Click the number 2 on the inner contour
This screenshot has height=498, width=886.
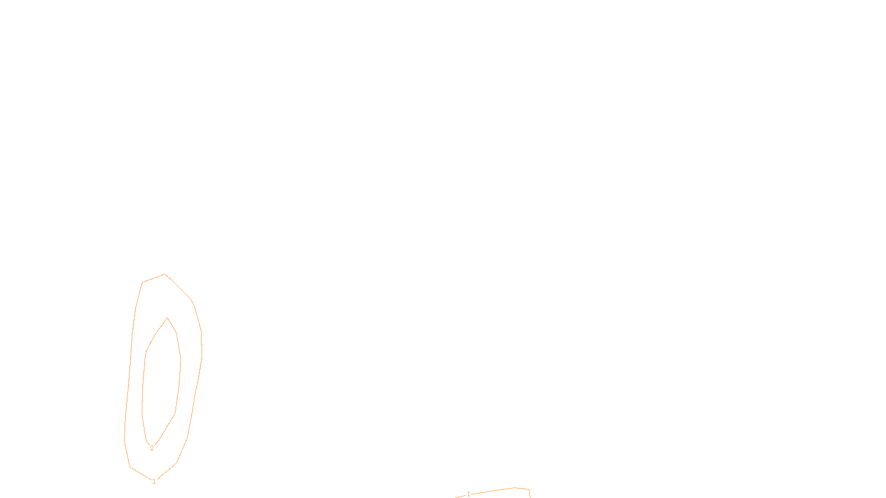click(152, 448)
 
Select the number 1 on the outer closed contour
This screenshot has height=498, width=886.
click(154, 481)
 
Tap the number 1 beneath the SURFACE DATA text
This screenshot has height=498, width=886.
click(468, 494)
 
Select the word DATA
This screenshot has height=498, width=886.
click(468, 489)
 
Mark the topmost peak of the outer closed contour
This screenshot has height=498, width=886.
click(164, 274)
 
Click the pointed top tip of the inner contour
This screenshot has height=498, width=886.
click(167, 318)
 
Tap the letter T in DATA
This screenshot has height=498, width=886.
click(470, 489)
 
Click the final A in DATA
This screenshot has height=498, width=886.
click(474, 489)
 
